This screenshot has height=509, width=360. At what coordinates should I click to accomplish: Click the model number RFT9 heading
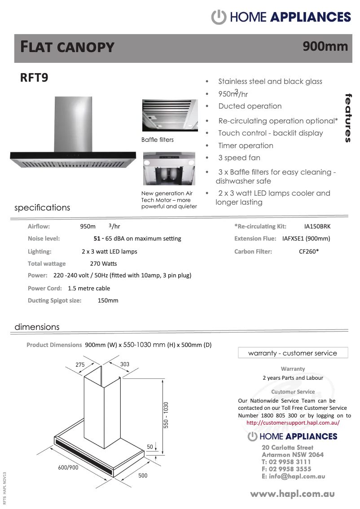tap(34, 77)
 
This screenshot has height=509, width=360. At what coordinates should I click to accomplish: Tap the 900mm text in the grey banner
tap(325, 46)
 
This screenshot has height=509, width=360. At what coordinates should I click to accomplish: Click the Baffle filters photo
tap(170, 115)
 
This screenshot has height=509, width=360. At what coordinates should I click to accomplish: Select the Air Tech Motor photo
tap(170, 168)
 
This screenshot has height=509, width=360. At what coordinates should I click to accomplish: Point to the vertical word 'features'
tap(348, 118)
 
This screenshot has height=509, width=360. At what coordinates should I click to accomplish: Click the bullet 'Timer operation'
tap(246, 145)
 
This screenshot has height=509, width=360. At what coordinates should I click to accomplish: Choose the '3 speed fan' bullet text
tap(239, 158)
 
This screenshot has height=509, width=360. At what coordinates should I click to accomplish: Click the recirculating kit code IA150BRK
tap(317, 227)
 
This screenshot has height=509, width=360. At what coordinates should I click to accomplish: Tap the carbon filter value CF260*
tap(309, 251)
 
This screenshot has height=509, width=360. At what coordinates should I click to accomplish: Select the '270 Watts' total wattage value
tap(103, 263)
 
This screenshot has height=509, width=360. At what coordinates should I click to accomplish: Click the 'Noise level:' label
tap(44, 238)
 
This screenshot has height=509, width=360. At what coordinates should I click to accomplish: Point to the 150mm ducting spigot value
tap(108, 300)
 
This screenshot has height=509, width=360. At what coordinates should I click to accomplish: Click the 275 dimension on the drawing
tap(80, 365)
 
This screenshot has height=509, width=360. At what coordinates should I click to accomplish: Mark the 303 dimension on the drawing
tap(125, 364)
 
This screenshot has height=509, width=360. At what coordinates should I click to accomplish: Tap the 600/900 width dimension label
tap(68, 467)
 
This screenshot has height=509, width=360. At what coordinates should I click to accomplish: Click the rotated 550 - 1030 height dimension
tap(166, 415)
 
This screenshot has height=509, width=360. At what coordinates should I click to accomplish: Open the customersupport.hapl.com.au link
tap(293, 423)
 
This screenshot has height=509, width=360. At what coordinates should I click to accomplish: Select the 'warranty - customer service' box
tap(293, 353)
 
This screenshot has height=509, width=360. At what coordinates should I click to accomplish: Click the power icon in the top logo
tap(218, 17)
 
